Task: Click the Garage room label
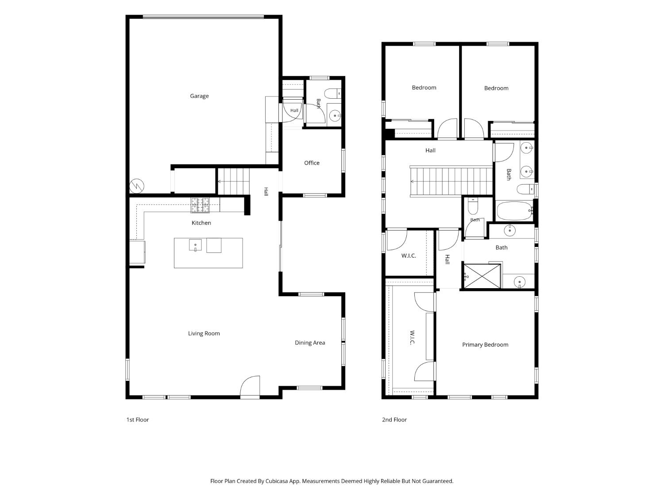tap(199, 96)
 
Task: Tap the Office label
tap(312, 163)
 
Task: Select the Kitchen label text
tap(201, 223)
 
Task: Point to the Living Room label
tap(204, 333)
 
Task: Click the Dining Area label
tap(310, 343)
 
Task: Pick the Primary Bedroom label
tap(485, 345)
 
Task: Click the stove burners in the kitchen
tap(200, 205)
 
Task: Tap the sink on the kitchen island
tap(195, 245)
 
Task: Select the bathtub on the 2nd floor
tap(514, 211)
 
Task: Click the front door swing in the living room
tap(250, 386)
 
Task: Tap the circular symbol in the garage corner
tap(137, 186)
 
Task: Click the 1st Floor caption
tap(138, 420)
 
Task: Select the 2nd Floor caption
tap(394, 420)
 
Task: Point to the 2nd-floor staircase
tap(451, 181)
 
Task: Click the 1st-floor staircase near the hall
tap(234, 181)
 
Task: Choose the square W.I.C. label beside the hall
tap(409, 256)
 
